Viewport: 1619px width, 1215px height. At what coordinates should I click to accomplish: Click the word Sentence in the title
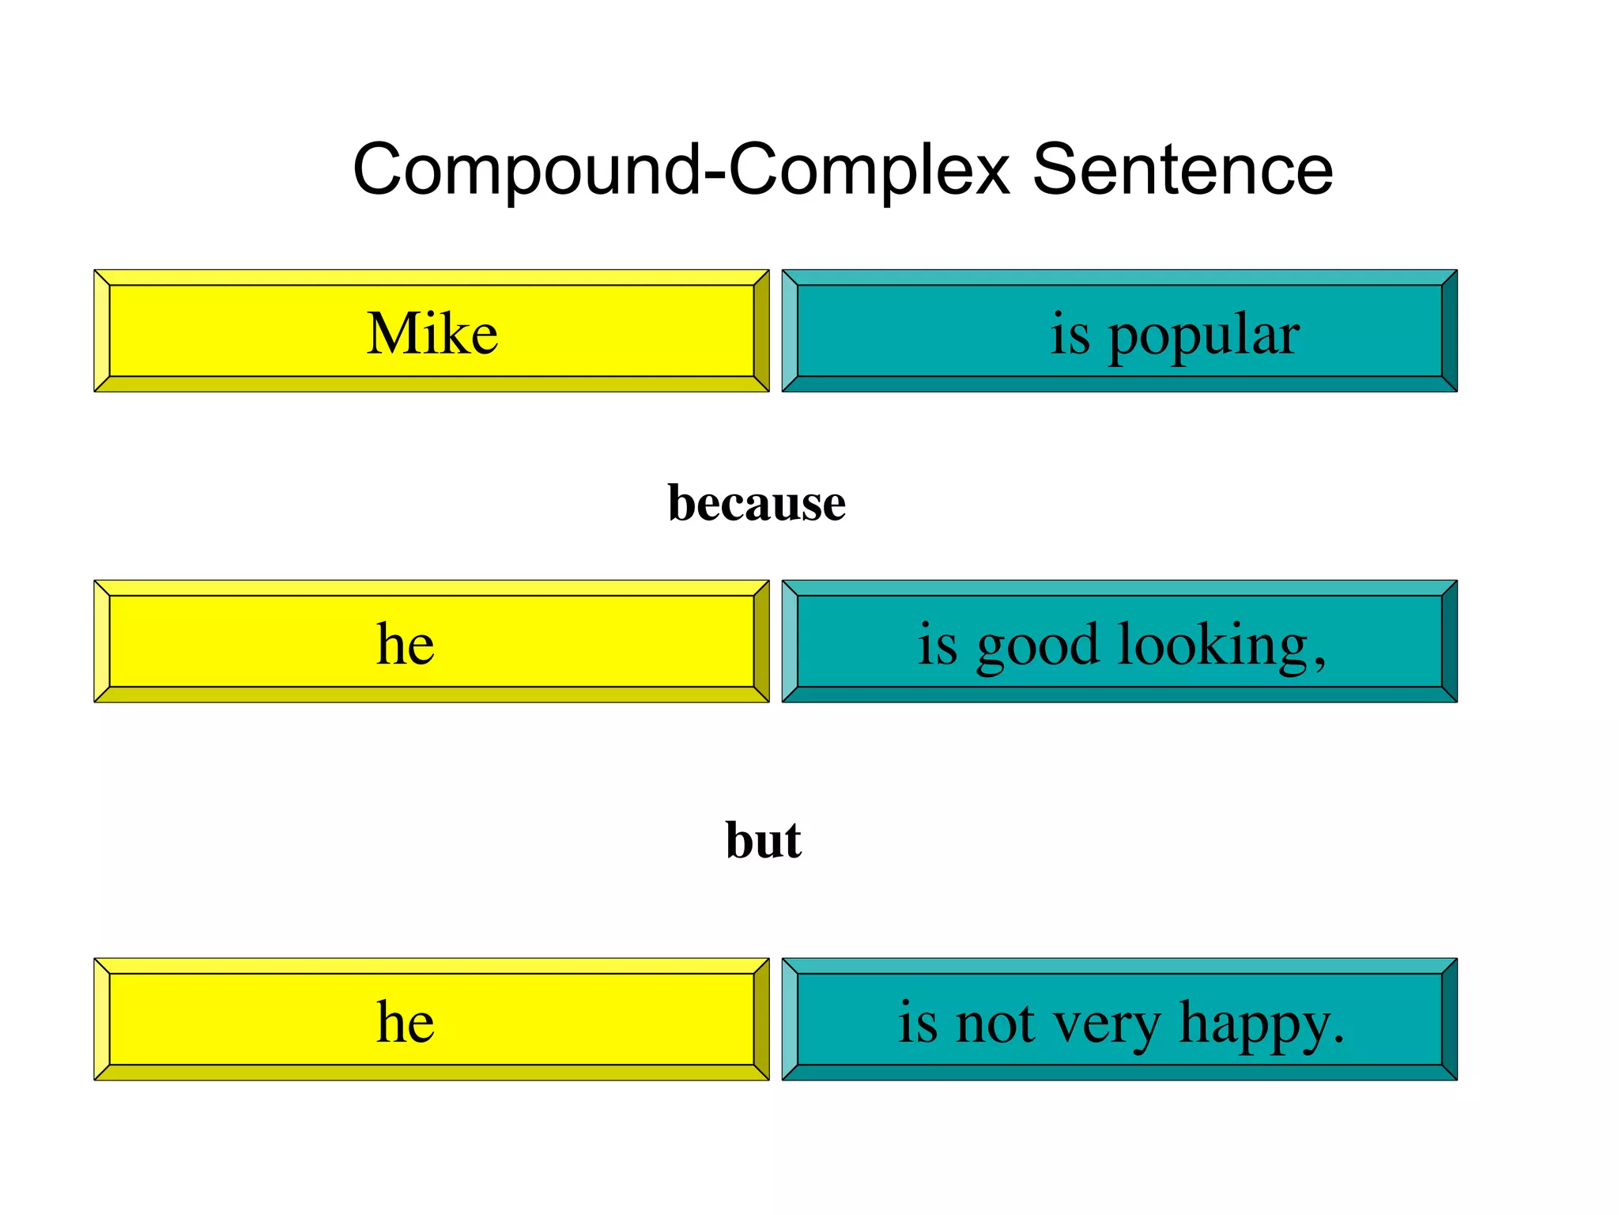[x=1183, y=169]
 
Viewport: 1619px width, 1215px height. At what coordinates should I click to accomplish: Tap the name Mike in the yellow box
[x=432, y=333]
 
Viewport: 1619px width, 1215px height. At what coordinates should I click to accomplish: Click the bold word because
[x=757, y=502]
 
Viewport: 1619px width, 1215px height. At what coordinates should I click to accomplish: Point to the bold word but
[x=764, y=839]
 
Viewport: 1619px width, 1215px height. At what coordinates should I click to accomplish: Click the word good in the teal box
[x=1037, y=645]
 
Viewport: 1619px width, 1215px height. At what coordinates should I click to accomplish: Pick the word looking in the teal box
[x=1213, y=645]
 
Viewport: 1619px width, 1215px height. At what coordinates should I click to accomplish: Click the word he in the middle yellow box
[x=405, y=643]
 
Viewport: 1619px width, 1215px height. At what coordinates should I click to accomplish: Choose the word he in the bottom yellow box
[x=405, y=1021]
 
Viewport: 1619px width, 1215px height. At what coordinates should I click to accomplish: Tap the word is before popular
[x=1070, y=335]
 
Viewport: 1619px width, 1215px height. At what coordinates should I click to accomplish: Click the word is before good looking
[x=937, y=645]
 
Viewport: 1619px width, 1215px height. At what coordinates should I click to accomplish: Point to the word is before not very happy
[x=917, y=1023]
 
